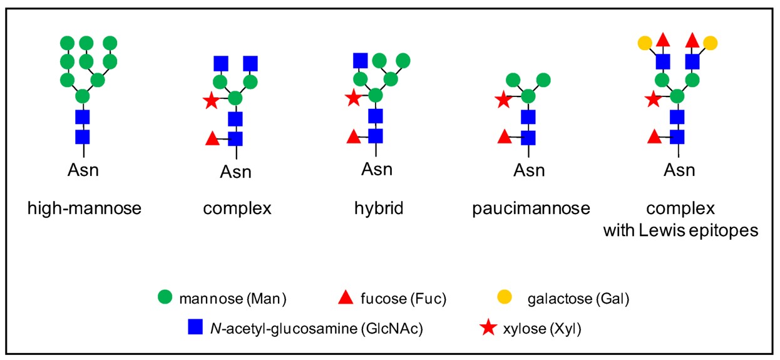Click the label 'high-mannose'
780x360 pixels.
(84, 208)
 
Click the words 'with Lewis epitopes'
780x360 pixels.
(680, 230)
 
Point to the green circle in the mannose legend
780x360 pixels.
(166, 299)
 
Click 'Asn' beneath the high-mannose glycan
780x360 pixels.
(83, 169)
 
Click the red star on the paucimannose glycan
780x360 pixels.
(503, 100)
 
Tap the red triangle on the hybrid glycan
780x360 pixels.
(352, 136)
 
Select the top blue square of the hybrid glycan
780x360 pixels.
(360, 60)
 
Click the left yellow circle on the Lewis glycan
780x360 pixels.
(645, 43)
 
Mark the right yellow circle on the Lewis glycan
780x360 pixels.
(710, 43)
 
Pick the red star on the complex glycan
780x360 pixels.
(212, 100)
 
